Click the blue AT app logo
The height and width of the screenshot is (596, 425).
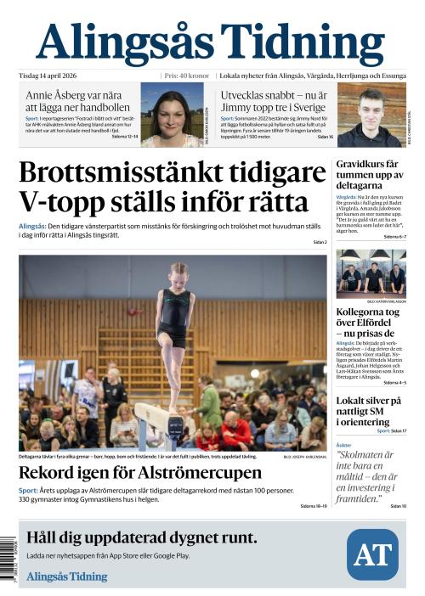[371, 554]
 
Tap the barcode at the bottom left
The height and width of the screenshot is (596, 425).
[9, 554]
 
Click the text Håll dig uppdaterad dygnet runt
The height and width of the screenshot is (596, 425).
[142, 537]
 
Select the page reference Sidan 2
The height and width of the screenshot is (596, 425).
[319, 243]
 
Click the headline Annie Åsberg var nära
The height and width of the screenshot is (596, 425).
[77, 102]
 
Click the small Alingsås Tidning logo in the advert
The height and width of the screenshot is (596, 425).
[67, 576]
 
